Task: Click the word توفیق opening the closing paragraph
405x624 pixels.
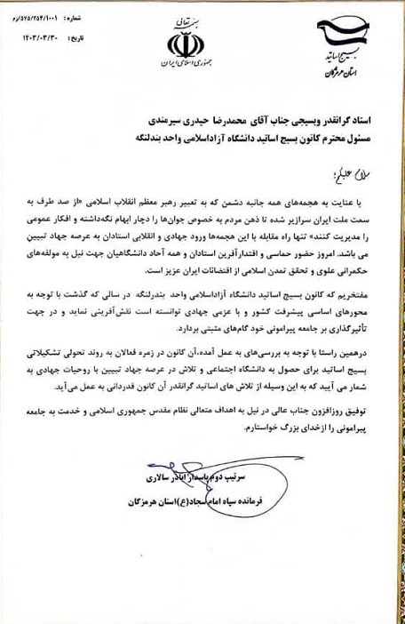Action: (x=361, y=412)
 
